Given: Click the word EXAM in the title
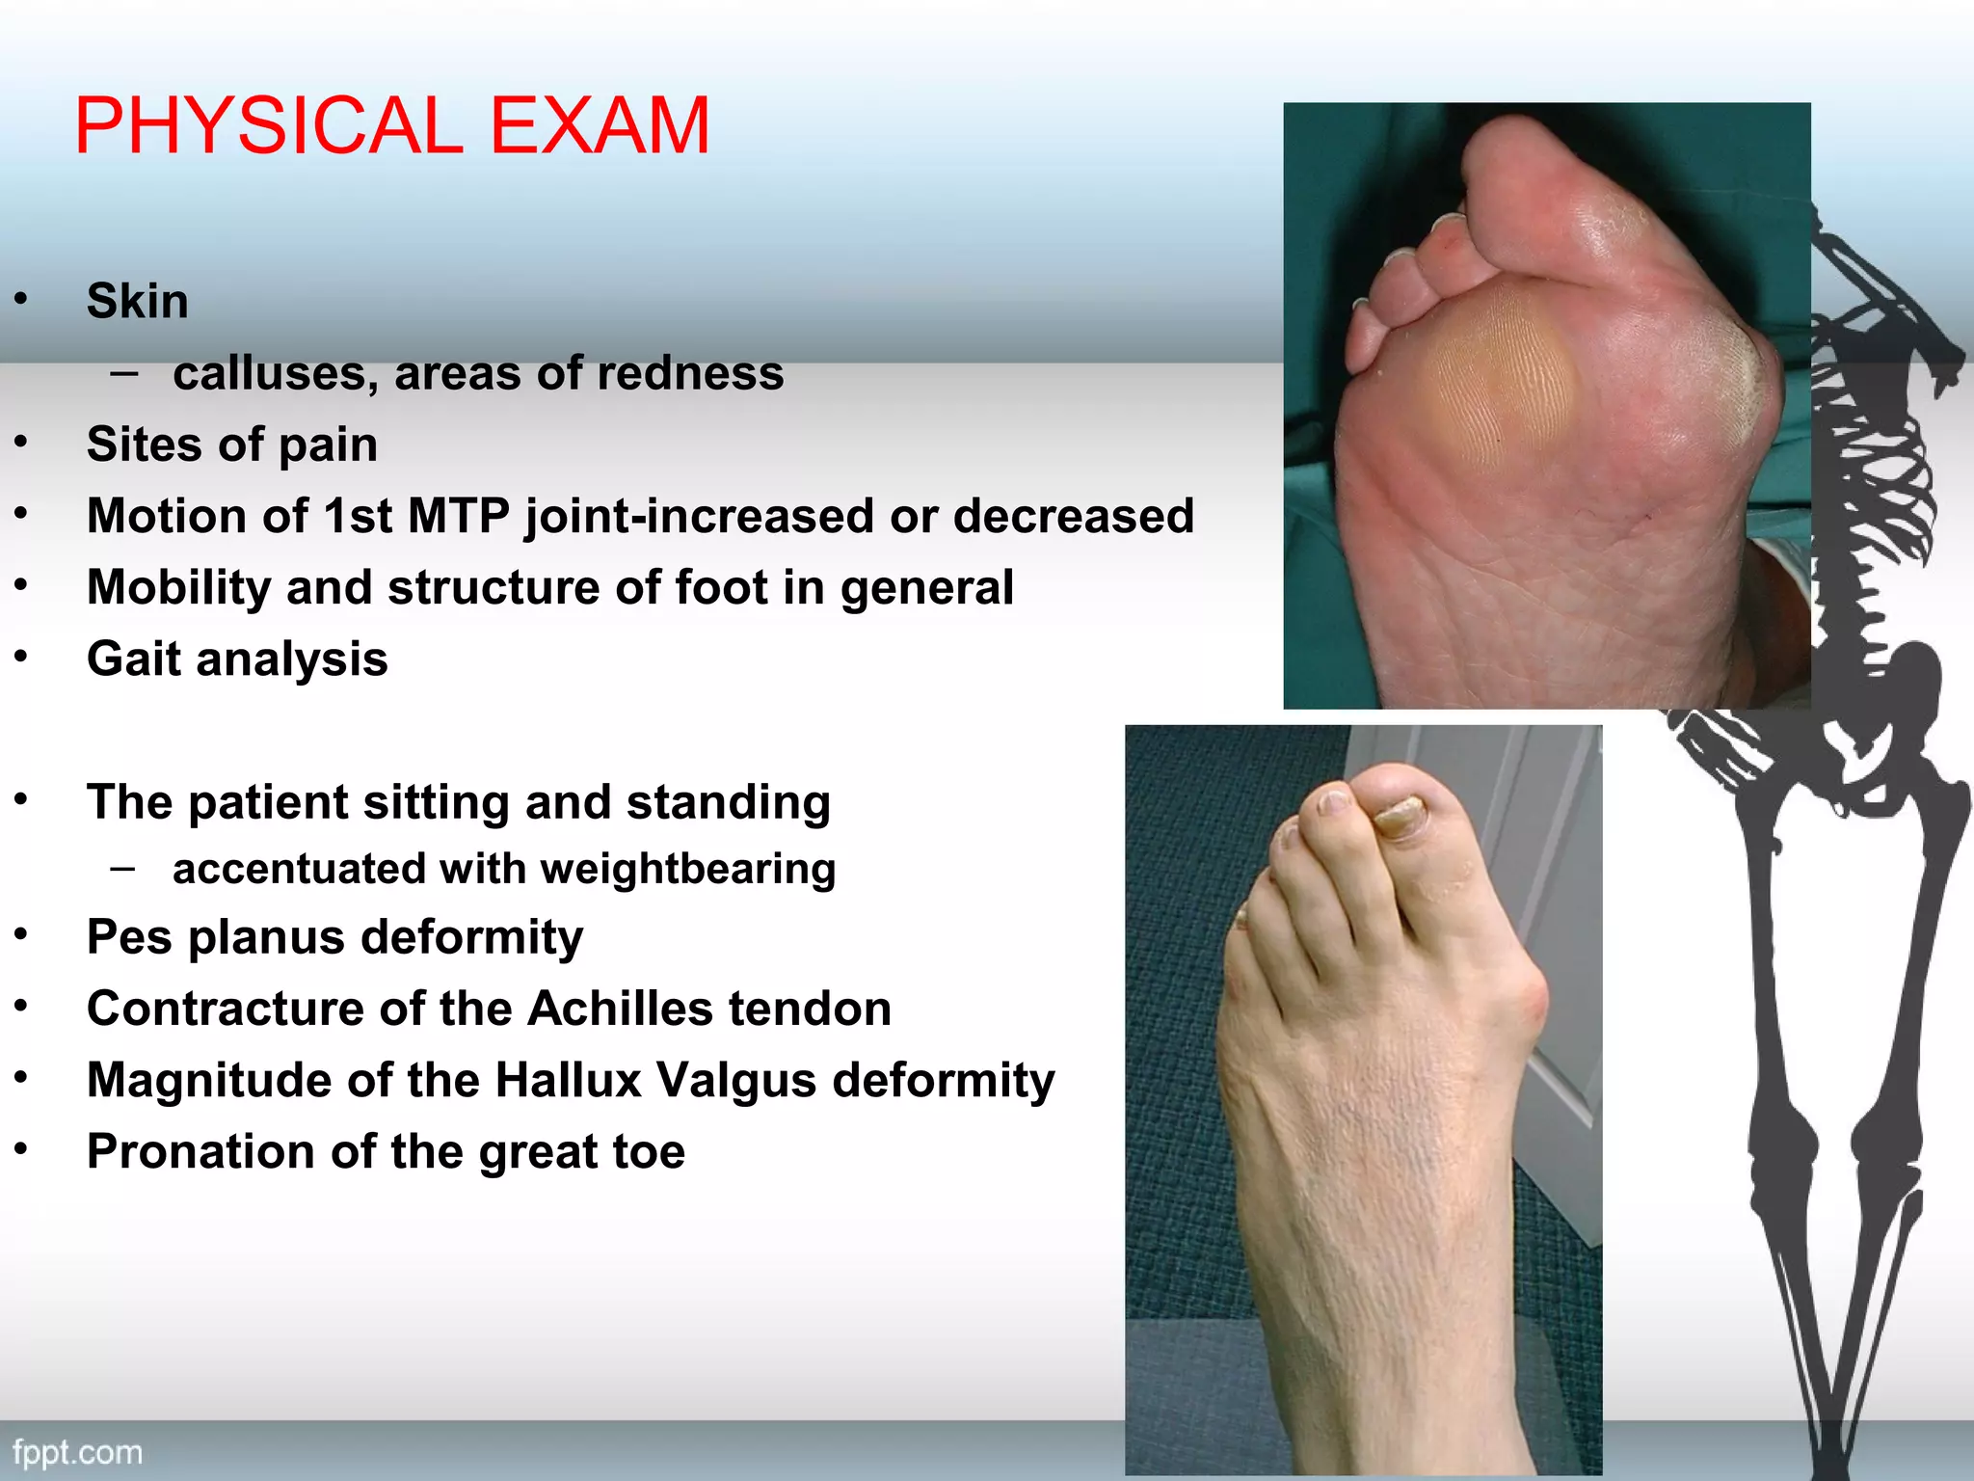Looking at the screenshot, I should coord(600,125).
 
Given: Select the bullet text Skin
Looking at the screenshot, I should coord(137,301).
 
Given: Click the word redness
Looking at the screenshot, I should coord(702,373).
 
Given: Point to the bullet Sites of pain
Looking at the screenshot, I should coord(231,444).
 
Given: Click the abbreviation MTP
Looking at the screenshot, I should coord(459,516).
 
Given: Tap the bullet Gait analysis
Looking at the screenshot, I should coord(237,660).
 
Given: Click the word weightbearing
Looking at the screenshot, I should coord(687,869).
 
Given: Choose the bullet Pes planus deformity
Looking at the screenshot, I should coord(334,937).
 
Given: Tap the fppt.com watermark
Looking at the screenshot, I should coord(77,1453).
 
